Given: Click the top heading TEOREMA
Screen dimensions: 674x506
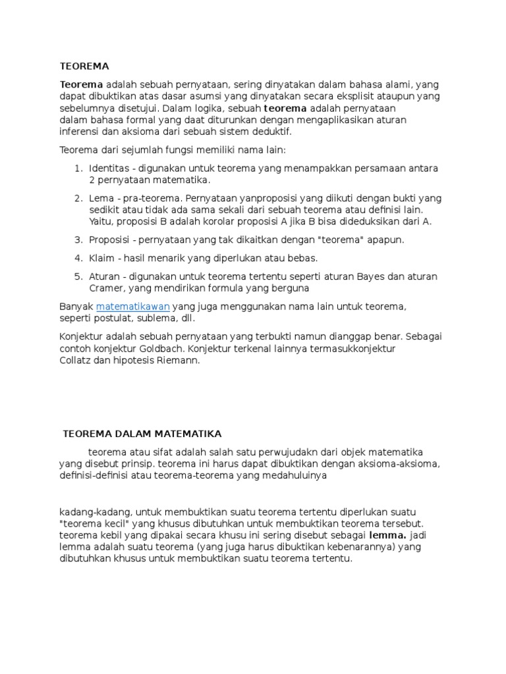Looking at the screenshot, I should point(84,66).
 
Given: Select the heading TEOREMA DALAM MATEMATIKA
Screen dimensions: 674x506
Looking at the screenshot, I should point(142,434).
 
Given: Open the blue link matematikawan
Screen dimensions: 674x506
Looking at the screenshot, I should point(133,307).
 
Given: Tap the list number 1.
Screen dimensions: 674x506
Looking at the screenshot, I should point(78,168).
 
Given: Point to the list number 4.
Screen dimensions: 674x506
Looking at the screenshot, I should point(78,258).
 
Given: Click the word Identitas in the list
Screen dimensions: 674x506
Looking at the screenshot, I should point(109,168).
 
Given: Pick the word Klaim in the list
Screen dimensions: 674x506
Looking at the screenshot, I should point(101,258).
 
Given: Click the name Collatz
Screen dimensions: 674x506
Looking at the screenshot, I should point(75,361).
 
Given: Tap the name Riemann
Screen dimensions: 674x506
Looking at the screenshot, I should point(178,361).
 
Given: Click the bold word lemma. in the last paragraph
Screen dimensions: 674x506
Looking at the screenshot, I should point(388,535).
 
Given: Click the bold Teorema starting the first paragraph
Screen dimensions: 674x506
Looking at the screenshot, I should point(82,84).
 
